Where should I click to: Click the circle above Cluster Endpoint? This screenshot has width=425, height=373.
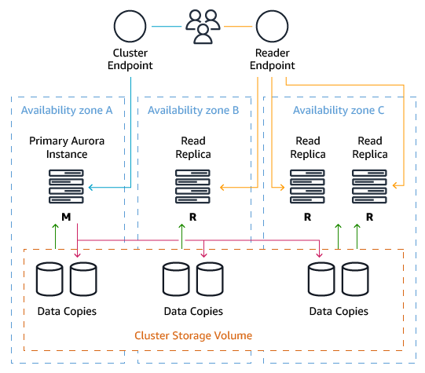pos(130,27)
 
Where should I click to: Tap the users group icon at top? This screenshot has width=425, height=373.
pos(203,26)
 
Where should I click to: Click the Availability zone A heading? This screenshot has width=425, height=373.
pos(67,110)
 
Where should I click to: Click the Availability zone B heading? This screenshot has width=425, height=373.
pos(193,110)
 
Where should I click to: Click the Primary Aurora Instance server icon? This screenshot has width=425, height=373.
pos(67,187)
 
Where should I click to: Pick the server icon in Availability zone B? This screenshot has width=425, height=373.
pos(193,187)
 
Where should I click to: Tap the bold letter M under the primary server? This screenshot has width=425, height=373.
pos(67,217)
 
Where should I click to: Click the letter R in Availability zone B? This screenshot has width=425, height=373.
pos(193,217)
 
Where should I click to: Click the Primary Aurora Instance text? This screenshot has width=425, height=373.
pos(67,147)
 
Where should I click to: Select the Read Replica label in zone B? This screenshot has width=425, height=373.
pos(193,147)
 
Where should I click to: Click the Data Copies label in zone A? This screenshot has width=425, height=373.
pos(67,311)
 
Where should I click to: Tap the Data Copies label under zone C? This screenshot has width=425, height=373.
pos(339,311)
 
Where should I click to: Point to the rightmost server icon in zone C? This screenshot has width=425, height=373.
pos(369,187)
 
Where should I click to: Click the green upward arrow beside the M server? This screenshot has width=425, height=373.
pos(56,236)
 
